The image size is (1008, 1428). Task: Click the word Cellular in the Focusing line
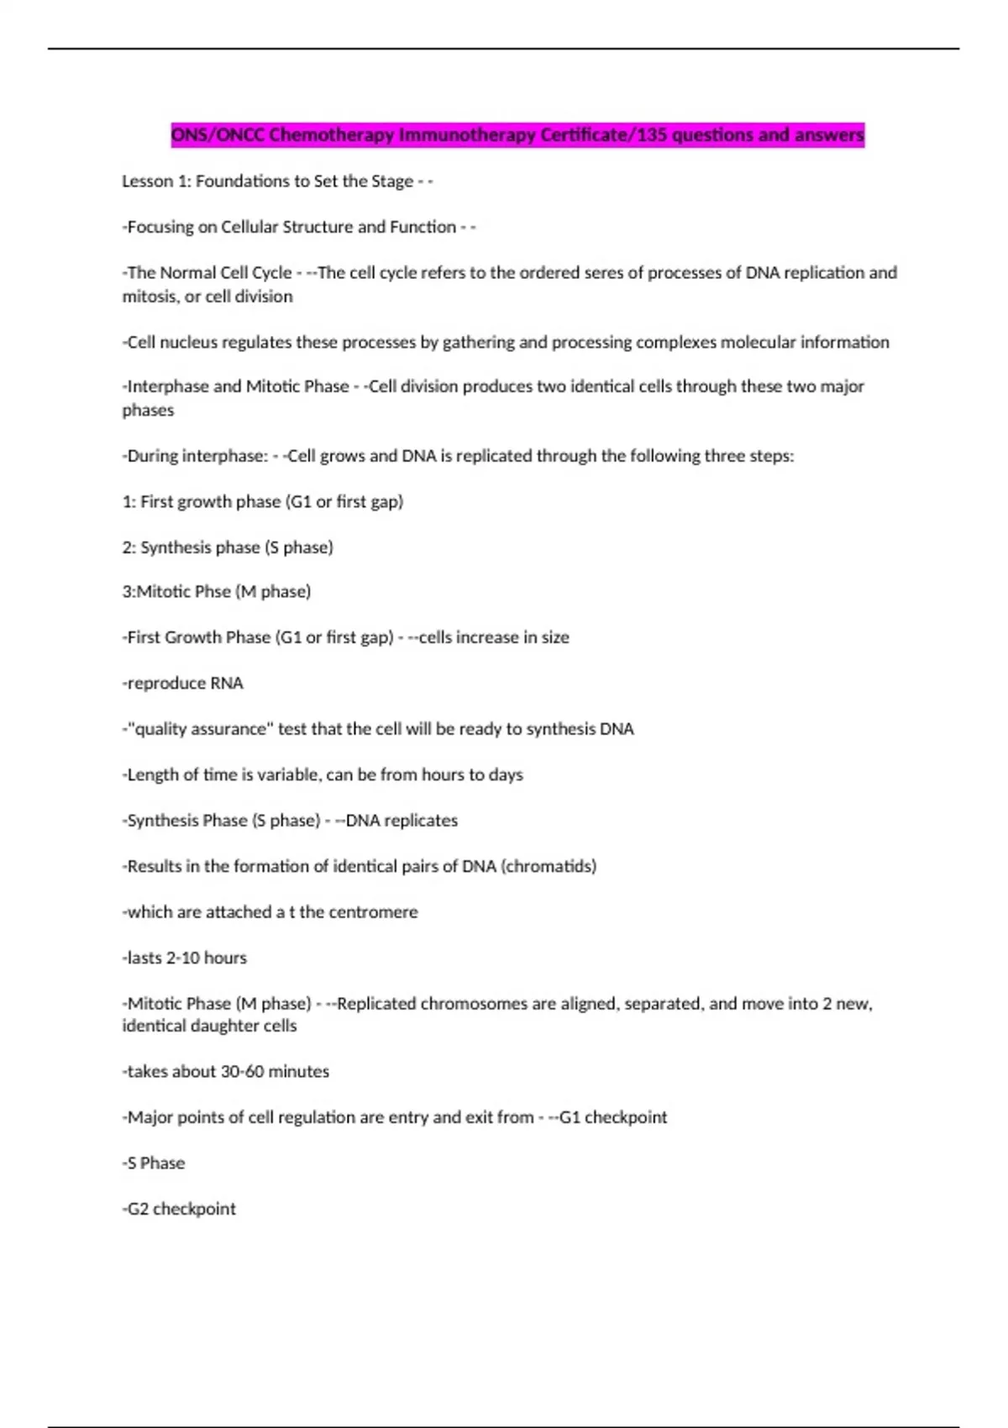(x=249, y=227)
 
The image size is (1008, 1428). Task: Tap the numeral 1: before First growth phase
(x=129, y=501)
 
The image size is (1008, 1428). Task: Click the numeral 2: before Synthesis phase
(x=129, y=548)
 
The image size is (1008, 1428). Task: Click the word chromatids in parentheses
(x=549, y=866)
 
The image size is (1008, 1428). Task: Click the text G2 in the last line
(x=138, y=1209)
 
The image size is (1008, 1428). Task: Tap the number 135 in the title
(x=651, y=134)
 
